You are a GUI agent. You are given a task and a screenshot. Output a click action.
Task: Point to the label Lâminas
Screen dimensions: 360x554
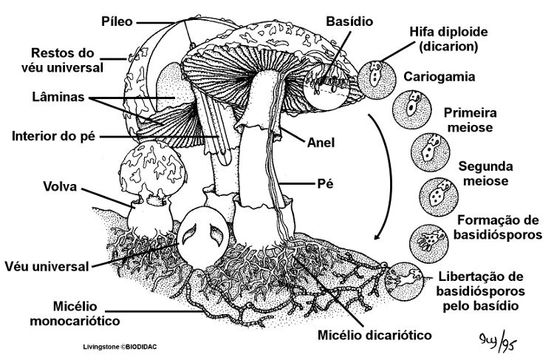(x=55, y=97)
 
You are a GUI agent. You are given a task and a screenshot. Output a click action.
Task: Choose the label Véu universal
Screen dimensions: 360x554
(x=46, y=265)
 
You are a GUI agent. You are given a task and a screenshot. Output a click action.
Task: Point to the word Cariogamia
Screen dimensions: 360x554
(x=434, y=77)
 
